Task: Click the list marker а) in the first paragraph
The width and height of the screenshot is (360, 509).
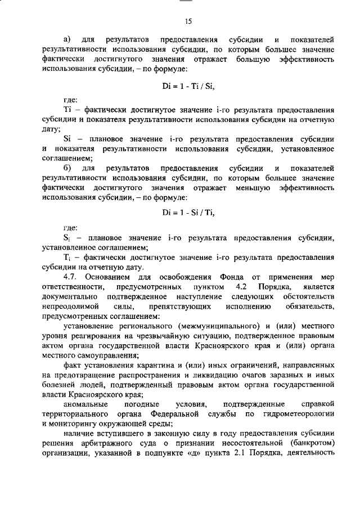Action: click(67, 40)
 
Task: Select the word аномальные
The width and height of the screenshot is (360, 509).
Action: click(84, 404)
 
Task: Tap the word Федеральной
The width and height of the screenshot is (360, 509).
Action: click(178, 415)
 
